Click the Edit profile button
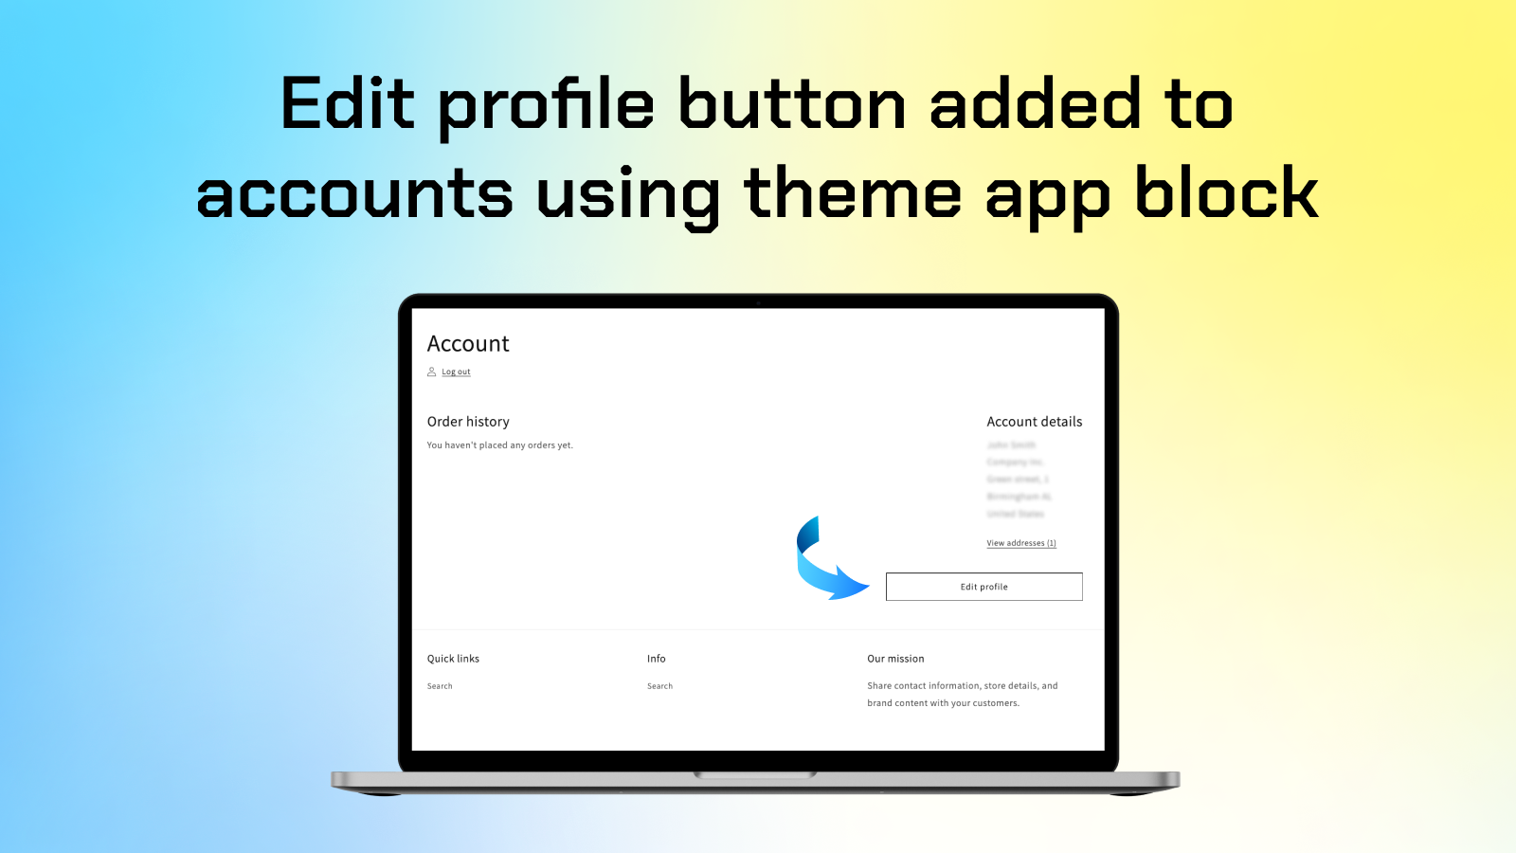coord(984,587)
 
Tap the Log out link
coord(456,372)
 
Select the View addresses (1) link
coord(1020,543)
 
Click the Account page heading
coord(468,343)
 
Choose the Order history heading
coord(468,422)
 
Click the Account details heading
coord(1034,422)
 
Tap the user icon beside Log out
coord(432,372)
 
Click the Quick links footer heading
coord(453,659)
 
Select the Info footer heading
coord(657,659)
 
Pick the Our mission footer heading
coord(895,659)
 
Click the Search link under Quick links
coord(440,686)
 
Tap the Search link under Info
coord(659,686)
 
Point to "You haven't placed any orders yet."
coord(499,445)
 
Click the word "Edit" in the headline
coord(348,103)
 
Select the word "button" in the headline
coord(792,103)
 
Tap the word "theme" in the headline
coord(853,193)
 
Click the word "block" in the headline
coord(1226,193)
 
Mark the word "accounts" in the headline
coord(354,193)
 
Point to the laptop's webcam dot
coord(758,302)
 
